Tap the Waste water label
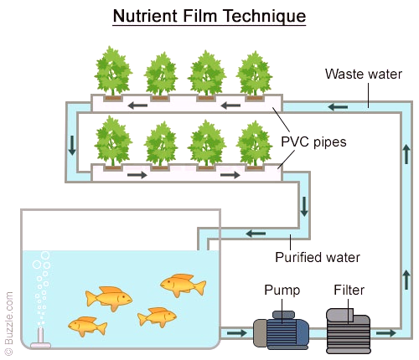tap(364, 75)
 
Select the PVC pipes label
tap(313, 141)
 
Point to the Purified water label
tap(318, 257)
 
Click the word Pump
tap(282, 291)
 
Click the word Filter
tap(349, 290)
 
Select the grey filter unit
tap(349, 331)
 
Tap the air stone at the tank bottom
tap(40, 338)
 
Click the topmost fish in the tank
tap(184, 285)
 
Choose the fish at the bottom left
tap(87, 327)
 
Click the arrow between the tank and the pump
tap(237, 333)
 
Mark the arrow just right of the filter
tap(386, 333)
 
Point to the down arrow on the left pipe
tap(72, 146)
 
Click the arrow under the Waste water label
tap(338, 107)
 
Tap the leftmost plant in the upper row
tap(112, 71)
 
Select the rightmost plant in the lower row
tap(254, 144)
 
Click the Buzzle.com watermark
tap(9, 323)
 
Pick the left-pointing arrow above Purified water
tap(256, 234)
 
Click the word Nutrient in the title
tap(145, 16)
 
